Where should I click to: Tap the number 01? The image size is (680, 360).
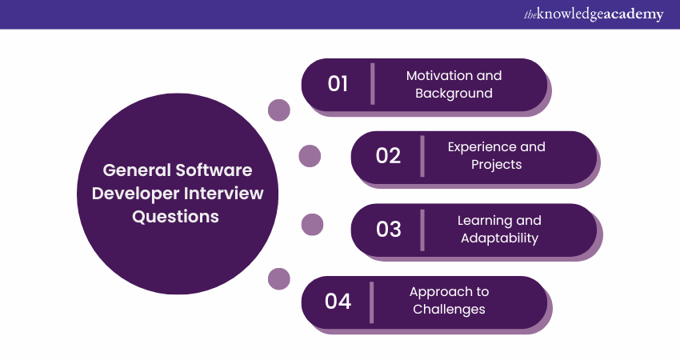coord(338,84)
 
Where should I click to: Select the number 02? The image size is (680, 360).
coord(388,156)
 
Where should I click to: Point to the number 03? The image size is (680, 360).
coord(388,229)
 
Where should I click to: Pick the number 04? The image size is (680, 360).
coord(338,302)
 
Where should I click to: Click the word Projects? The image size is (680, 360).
coord(496,165)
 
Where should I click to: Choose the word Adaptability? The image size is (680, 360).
coord(499,238)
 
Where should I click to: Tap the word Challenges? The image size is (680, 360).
coord(449,309)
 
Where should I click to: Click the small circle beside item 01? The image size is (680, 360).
coord(278,110)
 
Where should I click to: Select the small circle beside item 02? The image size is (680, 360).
coord(310,156)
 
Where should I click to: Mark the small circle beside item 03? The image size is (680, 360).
coord(312,225)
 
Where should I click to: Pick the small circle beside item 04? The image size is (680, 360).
coord(278,278)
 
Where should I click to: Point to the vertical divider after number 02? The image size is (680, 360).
coord(422,156)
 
